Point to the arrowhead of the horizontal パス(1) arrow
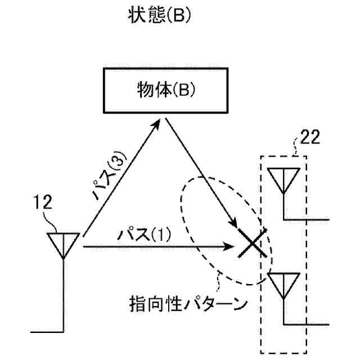231,246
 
